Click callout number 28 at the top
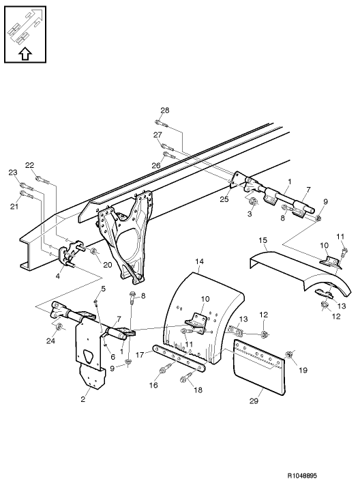point(164,111)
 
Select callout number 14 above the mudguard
point(200,261)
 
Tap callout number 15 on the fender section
point(263,241)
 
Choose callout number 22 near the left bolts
point(29,165)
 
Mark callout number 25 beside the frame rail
point(224,199)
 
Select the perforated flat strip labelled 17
point(179,359)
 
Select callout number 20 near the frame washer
point(106,265)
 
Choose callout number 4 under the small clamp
point(58,276)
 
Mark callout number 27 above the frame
point(157,135)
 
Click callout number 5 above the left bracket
point(103,289)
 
